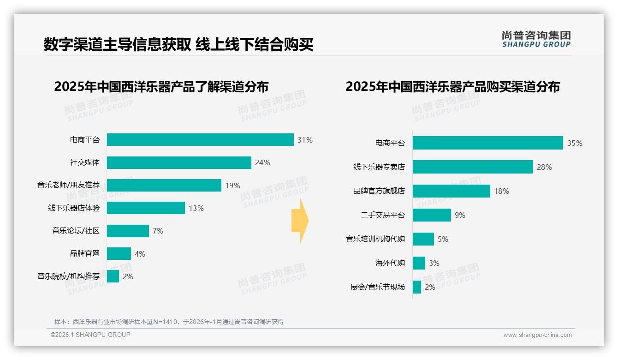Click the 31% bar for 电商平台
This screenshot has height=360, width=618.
pos(200,140)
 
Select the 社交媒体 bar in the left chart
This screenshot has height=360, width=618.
pos(179,162)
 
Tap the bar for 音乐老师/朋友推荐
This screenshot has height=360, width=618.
pos(164,186)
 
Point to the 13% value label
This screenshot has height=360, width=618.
pos(196,208)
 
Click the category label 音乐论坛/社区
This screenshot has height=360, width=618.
pos(76,231)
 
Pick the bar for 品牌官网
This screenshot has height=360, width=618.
pos(119,254)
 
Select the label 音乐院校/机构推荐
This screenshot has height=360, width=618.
pos(68,276)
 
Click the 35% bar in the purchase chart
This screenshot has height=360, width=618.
pos(487,143)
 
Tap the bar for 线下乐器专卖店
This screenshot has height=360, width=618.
pos(473,167)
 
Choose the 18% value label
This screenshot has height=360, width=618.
pos(501,191)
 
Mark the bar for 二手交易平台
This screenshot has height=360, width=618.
pos(432,215)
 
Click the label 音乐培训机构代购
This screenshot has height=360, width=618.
pos(375,239)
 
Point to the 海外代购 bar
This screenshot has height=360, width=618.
pos(419,263)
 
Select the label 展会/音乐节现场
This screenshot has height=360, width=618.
pos(378,287)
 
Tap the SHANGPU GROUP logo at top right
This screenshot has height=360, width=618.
pos(536,39)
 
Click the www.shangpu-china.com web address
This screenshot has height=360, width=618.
pos(537,335)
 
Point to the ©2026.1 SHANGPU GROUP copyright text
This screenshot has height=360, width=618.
pos(90,335)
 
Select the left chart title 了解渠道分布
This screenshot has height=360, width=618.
pos(161,87)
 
